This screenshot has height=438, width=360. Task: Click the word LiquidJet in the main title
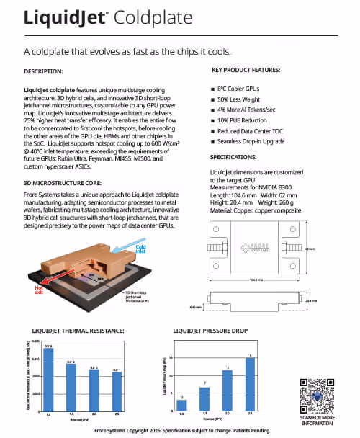(63, 18)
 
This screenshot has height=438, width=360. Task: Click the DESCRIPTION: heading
(44, 72)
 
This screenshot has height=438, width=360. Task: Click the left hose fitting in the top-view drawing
(212, 249)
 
